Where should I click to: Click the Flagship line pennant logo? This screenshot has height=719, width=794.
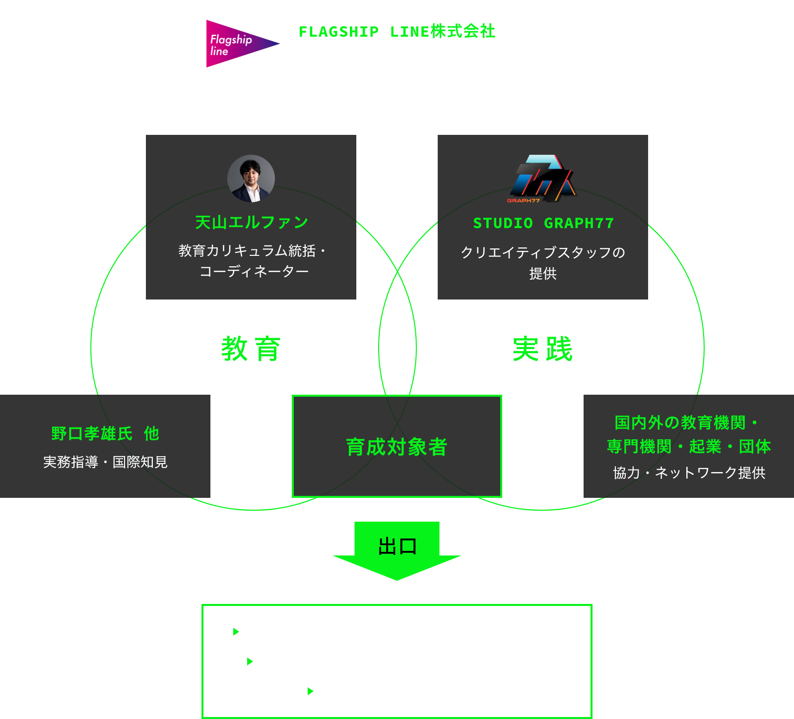238,44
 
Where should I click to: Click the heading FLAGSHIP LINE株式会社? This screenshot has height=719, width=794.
397,32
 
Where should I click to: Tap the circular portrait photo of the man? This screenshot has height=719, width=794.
251,179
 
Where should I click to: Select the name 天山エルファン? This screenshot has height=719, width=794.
252,223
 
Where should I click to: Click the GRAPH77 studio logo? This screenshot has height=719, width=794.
542,179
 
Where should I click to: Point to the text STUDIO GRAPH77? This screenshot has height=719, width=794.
543,224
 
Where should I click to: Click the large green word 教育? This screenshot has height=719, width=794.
251,349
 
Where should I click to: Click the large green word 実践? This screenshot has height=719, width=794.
542,349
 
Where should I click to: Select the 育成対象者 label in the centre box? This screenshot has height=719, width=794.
397,447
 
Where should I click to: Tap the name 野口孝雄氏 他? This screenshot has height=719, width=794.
105,433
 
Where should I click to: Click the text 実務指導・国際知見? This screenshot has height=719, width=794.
105,462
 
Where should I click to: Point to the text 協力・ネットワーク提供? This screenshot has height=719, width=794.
689,473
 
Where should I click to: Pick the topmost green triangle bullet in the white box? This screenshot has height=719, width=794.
236,632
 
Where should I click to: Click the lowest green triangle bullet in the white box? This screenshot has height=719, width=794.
311,691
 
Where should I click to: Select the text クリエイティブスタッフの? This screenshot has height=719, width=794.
542,252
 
